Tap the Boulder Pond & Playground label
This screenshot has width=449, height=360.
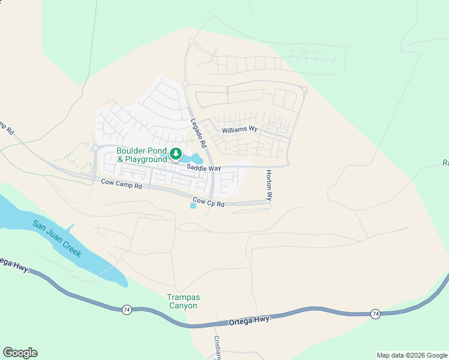142,155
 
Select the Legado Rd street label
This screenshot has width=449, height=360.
199,134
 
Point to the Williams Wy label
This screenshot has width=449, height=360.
240,129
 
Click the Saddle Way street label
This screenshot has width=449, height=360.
203,169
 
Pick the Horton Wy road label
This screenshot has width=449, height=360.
270,185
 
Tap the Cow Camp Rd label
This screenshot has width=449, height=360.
121,184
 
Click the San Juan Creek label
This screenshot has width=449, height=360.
57,239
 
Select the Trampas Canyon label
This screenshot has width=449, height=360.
182,301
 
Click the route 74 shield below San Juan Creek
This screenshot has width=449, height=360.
126,310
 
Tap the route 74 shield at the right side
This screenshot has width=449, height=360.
375,314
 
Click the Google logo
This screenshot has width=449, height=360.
20,353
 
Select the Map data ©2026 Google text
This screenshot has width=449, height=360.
412,355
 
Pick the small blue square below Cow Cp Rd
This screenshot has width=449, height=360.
193,206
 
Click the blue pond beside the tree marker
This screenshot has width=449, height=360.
193,158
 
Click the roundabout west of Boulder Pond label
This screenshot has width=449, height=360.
95,148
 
